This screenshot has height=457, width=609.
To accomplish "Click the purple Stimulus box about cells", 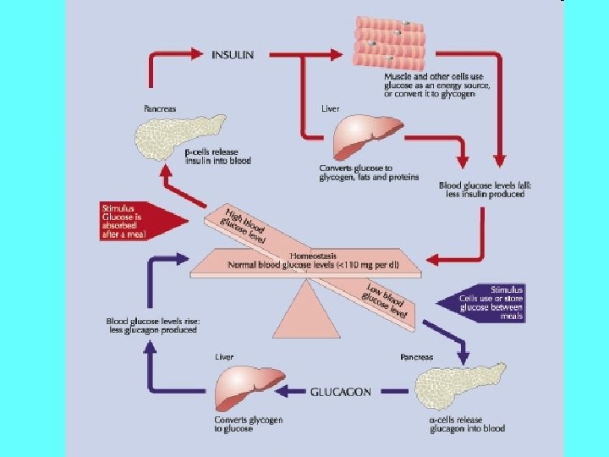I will coord(486,303).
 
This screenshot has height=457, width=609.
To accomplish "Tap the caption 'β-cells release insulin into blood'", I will coord(217,156).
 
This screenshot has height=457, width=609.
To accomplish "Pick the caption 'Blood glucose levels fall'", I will coord(481,190).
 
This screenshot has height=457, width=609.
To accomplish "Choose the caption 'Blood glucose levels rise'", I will coord(151,325).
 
